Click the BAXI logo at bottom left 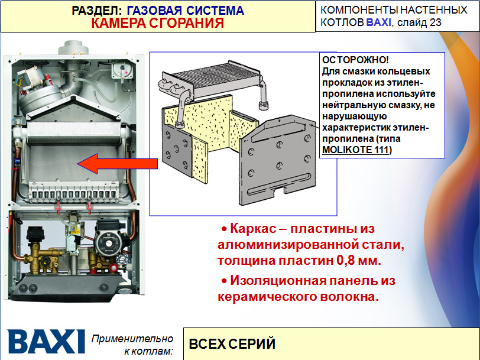[46, 342]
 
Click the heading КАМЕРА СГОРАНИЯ [157, 23]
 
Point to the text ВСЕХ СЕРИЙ [232, 343]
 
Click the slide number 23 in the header [435, 22]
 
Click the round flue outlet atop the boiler [76, 46]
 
